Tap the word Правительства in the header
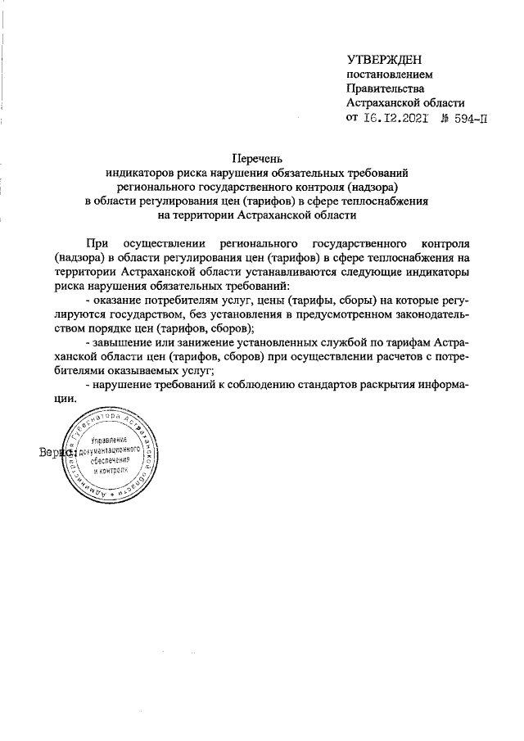[x=385, y=88]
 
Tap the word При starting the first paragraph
[x=96, y=244]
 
